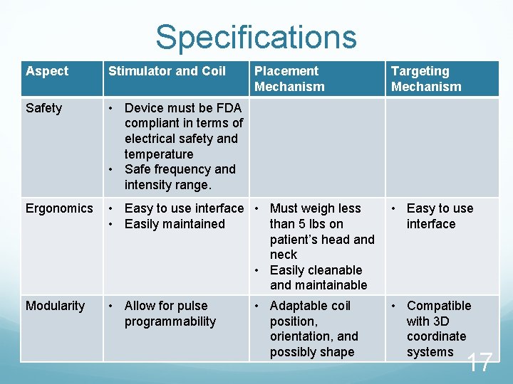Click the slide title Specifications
[256, 37]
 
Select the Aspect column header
[47, 71]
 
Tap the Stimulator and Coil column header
[167, 71]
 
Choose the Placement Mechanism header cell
[289, 79]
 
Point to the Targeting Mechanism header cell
[426, 79]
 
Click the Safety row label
[43, 108]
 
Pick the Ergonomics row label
[59, 208]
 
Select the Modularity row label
[55, 306]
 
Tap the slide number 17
[480, 363]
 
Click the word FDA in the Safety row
[227, 108]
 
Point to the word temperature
[158, 154]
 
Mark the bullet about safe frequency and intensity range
[180, 177]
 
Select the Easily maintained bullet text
[175, 224]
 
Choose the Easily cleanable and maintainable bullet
[318, 277]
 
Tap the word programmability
[170, 321]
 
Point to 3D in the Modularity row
[442, 321]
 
